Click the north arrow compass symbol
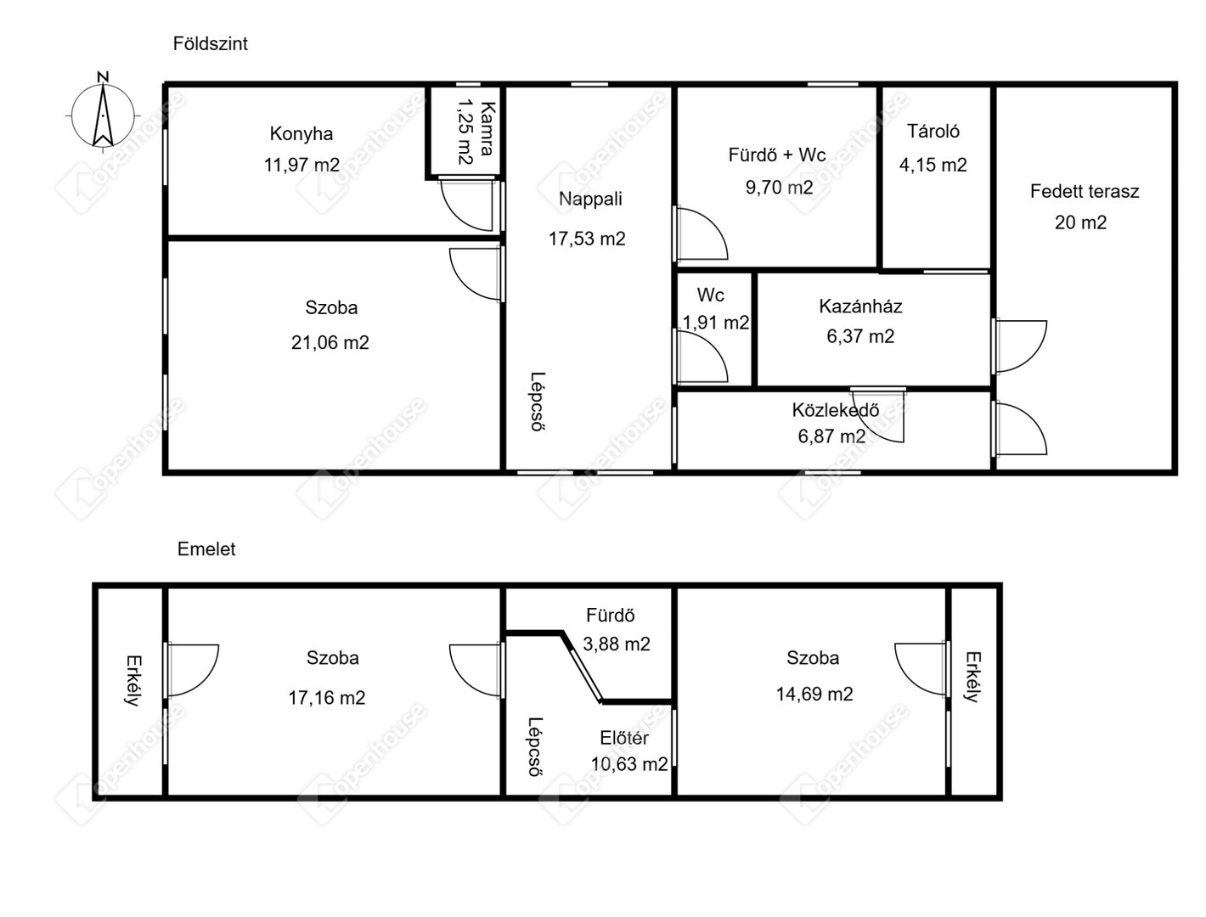point(103,114)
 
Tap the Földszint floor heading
point(210,43)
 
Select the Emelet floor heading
point(206,549)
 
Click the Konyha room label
point(301,133)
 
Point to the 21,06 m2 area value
point(330,342)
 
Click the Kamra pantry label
point(487,128)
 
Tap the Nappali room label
point(590,199)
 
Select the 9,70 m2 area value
point(779,188)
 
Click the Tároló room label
point(933,132)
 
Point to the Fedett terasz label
point(1084,191)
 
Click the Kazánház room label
point(860,306)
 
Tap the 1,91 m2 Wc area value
point(715,323)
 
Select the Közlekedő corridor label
point(835,409)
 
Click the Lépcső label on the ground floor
point(538,402)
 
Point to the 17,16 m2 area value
point(327,697)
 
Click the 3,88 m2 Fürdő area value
point(617,644)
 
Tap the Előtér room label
point(624,738)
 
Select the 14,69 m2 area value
point(814,694)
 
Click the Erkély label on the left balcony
point(133,680)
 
